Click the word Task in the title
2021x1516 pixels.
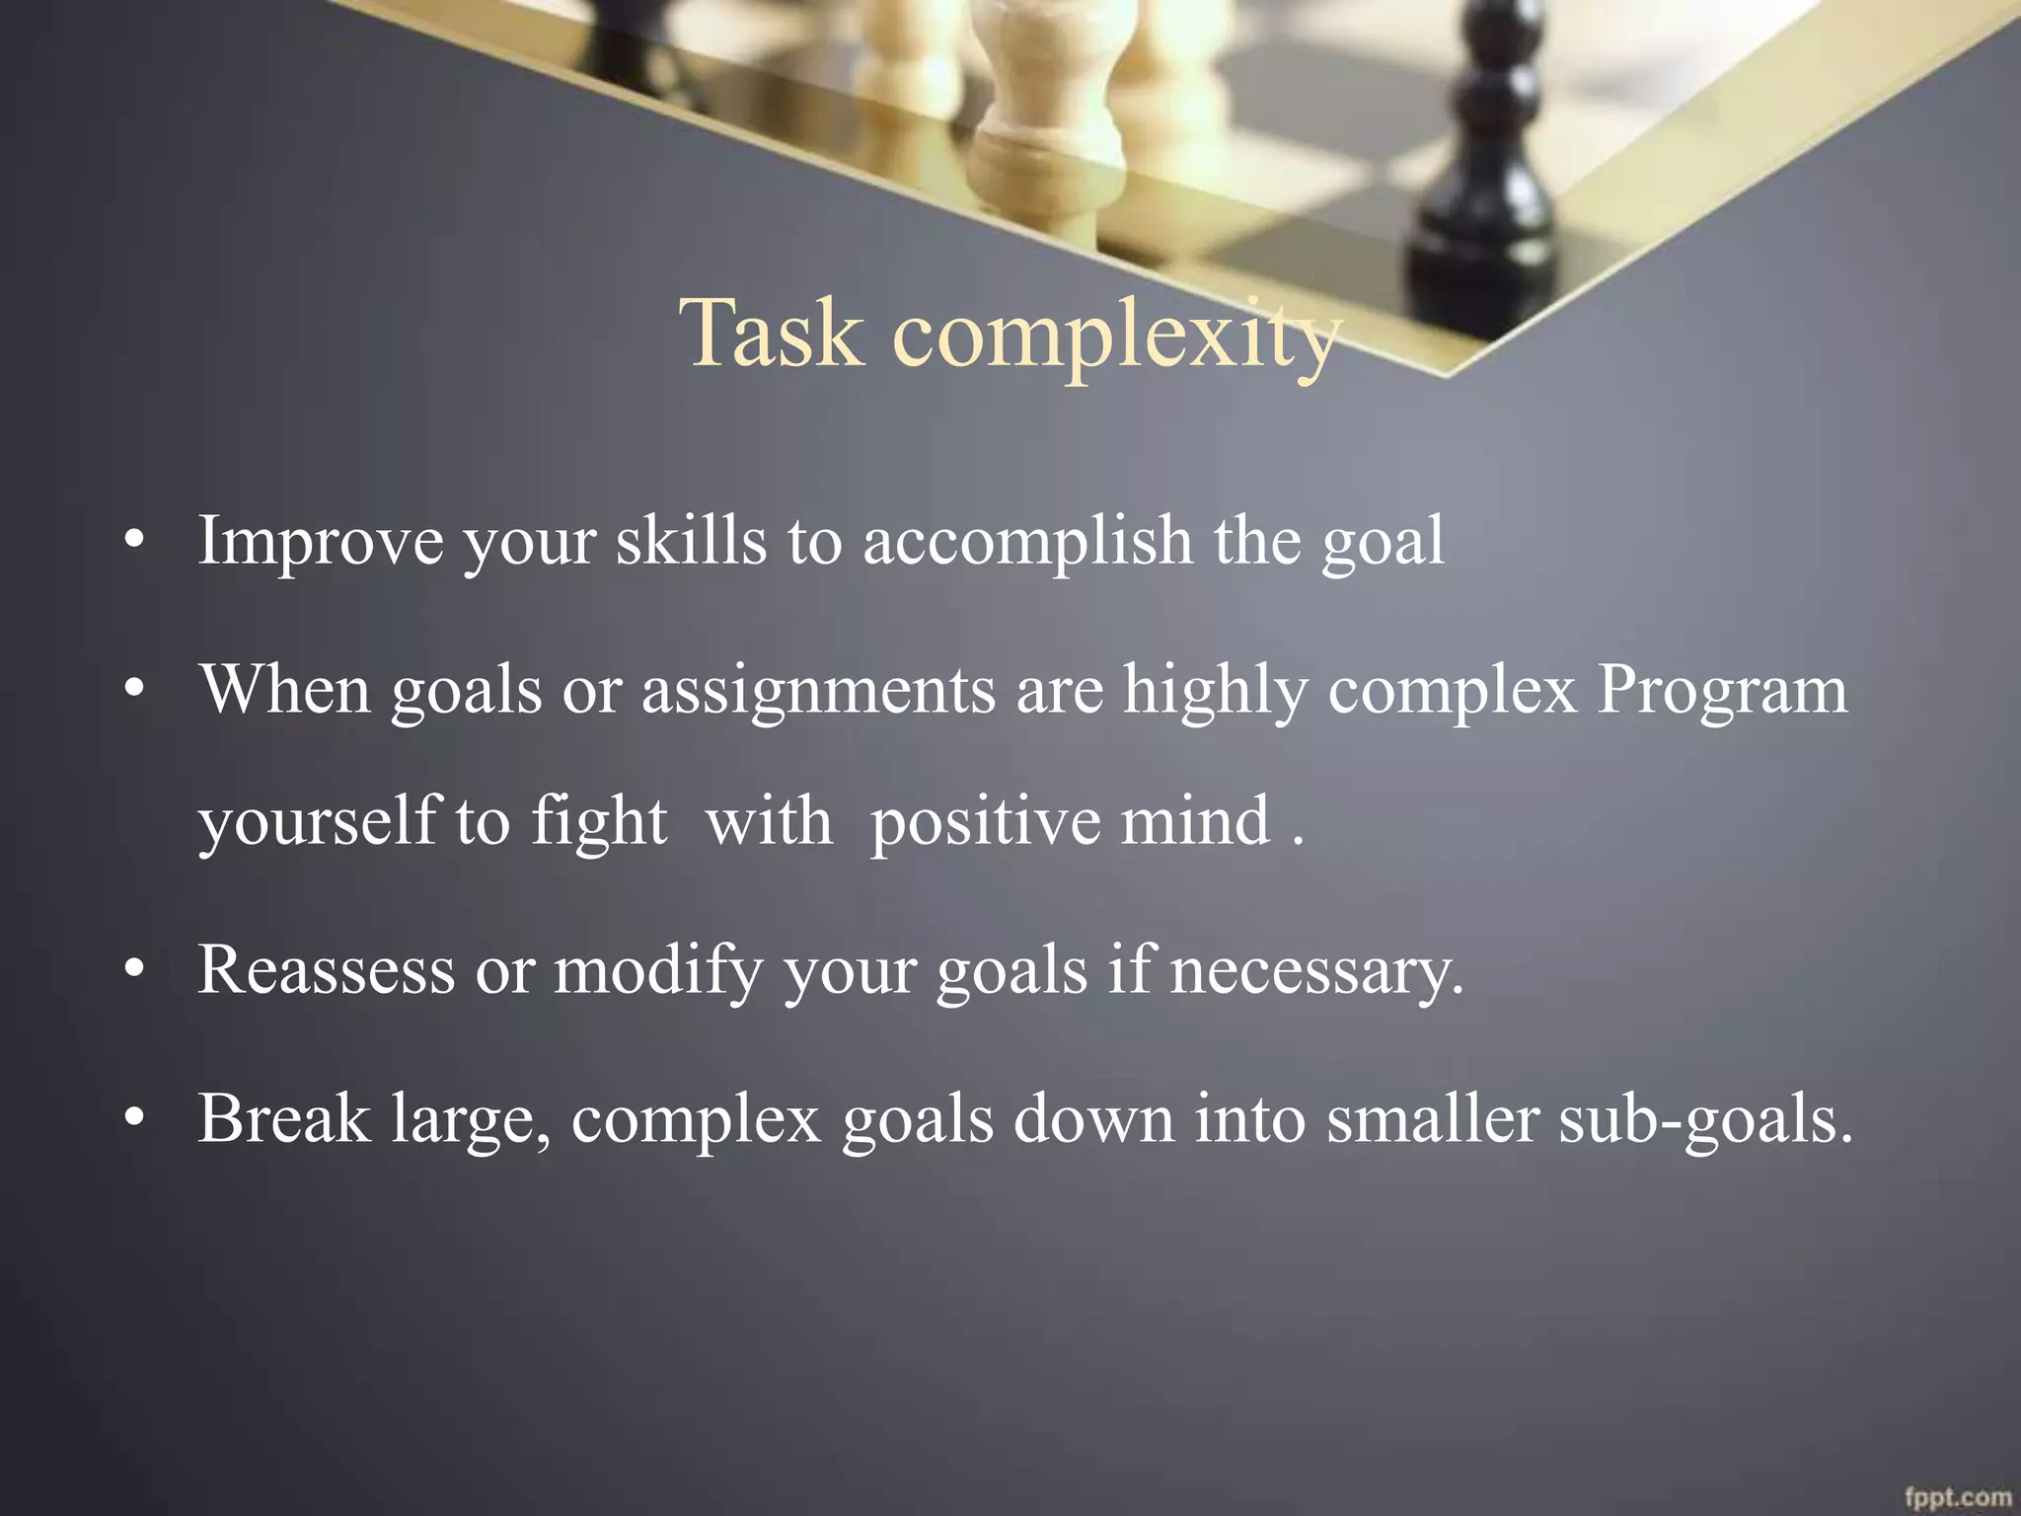[x=772, y=334]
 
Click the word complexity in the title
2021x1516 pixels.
[x=1115, y=336]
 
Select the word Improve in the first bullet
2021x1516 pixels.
[x=321, y=542]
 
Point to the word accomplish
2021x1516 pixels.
[x=1027, y=542]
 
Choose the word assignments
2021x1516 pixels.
[x=818, y=691]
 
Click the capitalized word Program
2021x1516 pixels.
[x=1722, y=691]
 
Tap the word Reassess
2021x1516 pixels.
[x=327, y=969]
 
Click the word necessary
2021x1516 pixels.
[x=1315, y=971]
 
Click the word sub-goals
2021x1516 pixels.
[x=1705, y=1121]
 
